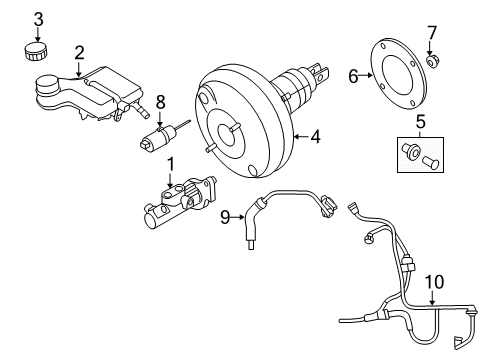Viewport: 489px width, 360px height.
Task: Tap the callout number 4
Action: [317, 137]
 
